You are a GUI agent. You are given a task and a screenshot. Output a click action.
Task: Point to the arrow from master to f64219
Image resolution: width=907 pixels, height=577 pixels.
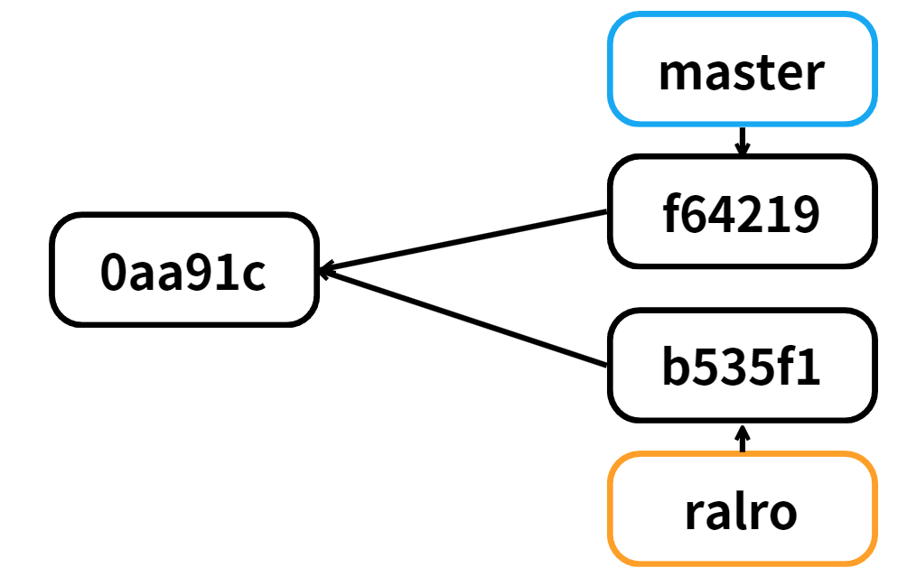click(x=743, y=140)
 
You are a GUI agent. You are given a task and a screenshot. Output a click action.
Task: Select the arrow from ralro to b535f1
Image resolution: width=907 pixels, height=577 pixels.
click(x=743, y=438)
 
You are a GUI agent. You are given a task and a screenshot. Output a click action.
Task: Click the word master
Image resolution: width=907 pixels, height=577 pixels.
click(x=742, y=72)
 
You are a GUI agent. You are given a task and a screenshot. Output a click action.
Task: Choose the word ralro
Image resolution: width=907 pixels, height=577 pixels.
click(x=741, y=512)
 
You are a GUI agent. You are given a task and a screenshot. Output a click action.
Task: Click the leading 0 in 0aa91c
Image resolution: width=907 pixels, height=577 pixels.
click(x=113, y=273)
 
